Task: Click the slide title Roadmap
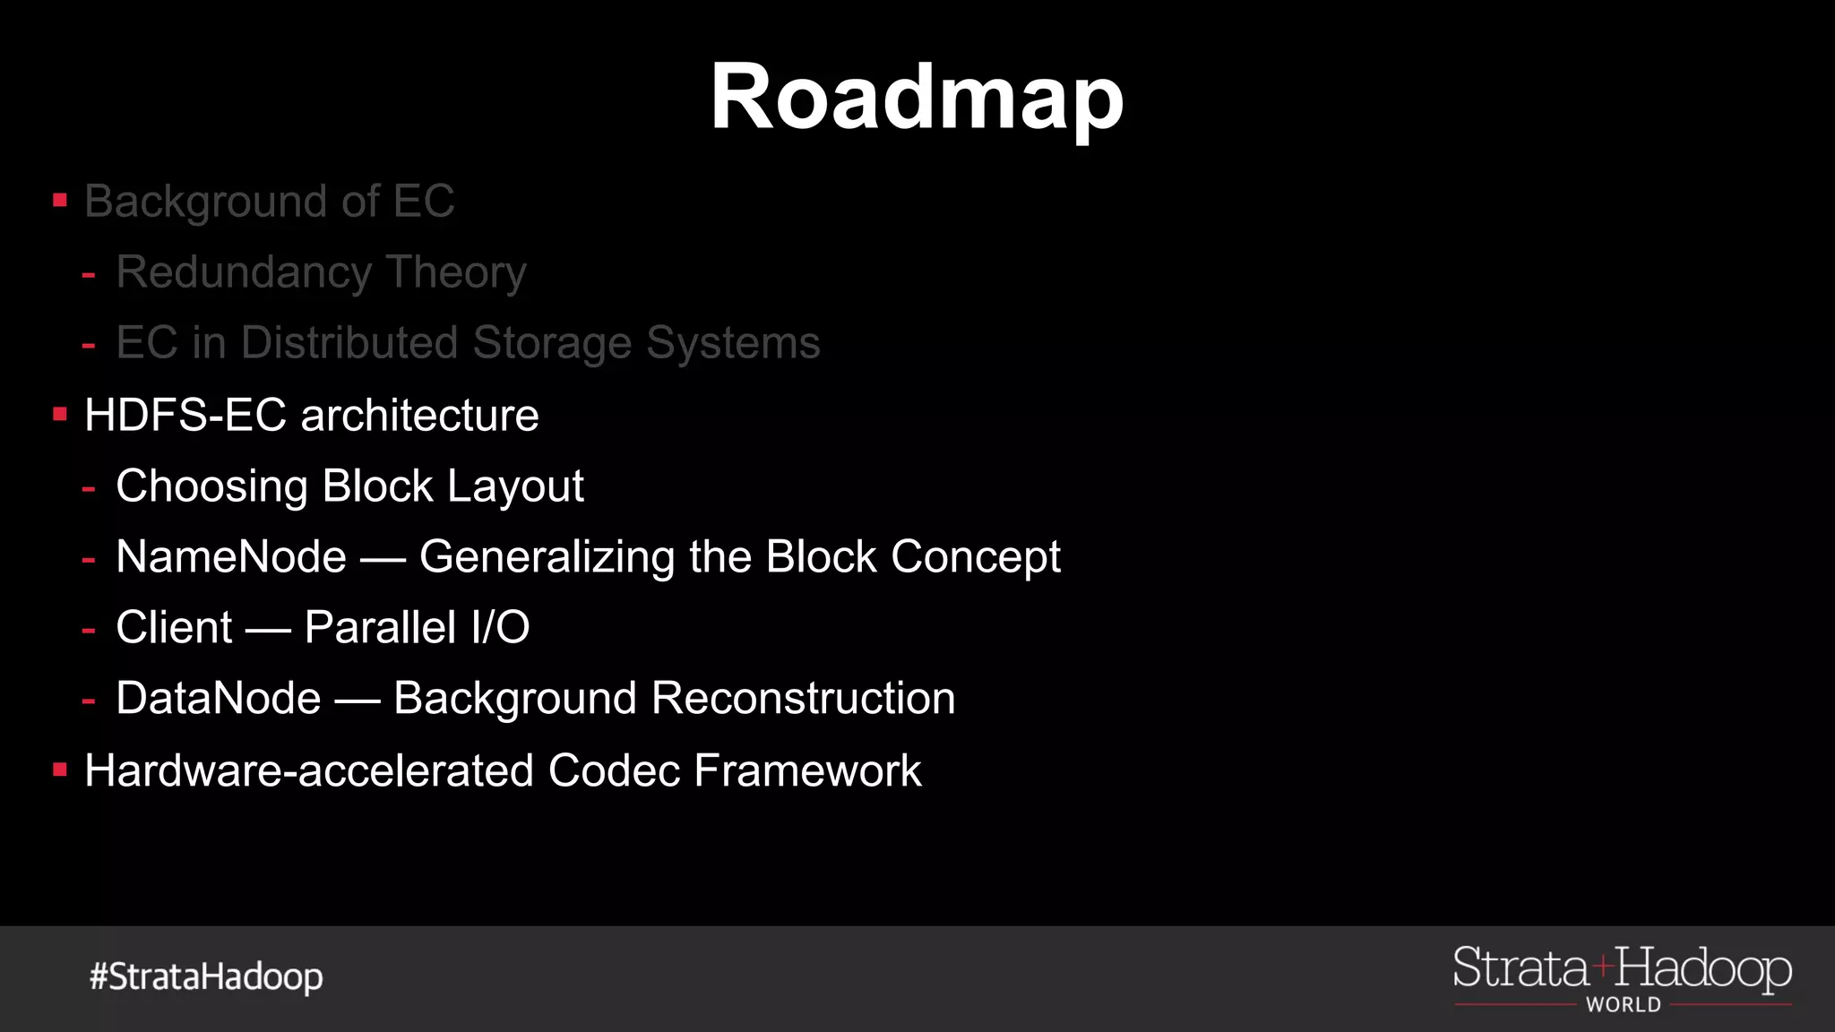click(x=917, y=99)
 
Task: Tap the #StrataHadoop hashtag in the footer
click(x=206, y=976)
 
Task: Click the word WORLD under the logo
click(x=1624, y=1005)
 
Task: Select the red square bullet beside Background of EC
click(x=60, y=200)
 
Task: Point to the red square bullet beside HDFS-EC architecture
click(x=60, y=414)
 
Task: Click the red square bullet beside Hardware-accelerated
click(x=60, y=770)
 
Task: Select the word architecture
click(x=419, y=416)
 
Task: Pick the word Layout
click(x=515, y=486)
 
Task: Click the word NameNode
click(x=231, y=557)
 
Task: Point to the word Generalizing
click(x=547, y=557)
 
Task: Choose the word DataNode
click(x=219, y=699)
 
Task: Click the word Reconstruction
click(x=803, y=699)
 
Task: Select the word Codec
click(x=614, y=770)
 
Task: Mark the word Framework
click(x=807, y=770)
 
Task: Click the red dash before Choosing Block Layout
click(x=89, y=489)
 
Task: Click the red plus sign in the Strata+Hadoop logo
click(x=1602, y=967)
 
